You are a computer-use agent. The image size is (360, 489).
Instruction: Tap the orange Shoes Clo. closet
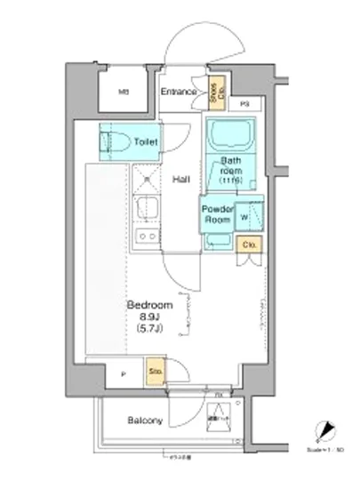tap(214, 91)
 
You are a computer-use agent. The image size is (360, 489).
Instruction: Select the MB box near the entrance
tap(125, 91)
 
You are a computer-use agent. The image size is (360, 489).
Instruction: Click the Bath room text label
tap(232, 166)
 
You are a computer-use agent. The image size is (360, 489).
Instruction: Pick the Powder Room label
tap(219, 214)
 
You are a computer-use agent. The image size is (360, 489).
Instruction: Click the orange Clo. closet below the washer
tap(249, 245)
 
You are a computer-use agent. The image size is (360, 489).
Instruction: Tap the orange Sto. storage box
tap(156, 373)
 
